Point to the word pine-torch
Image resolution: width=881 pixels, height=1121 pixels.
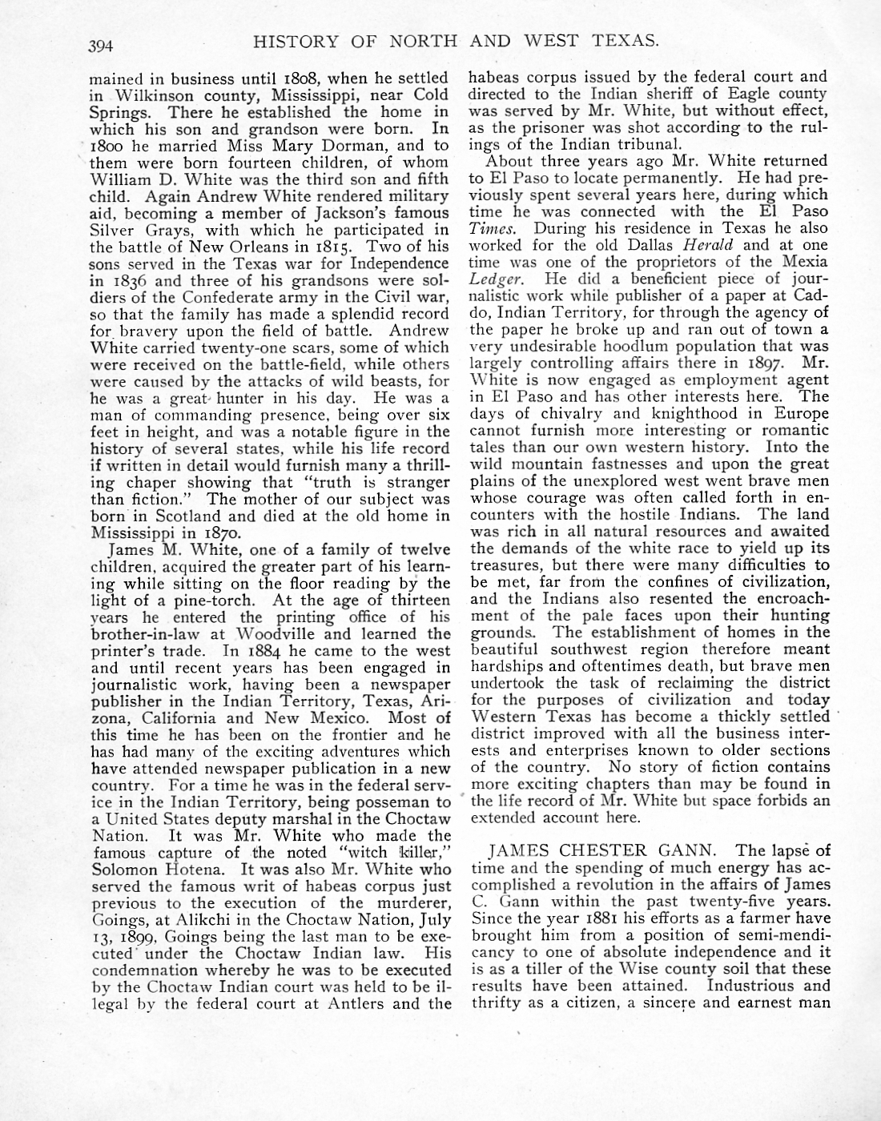[183, 601]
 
